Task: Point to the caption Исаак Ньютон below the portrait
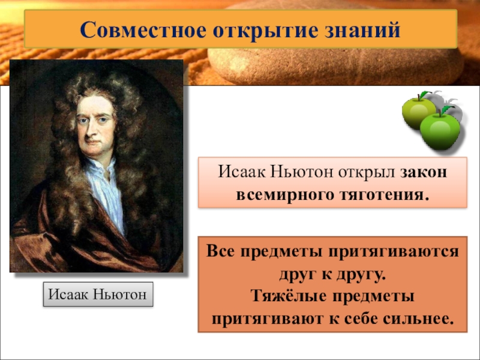coord(98,295)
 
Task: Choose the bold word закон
coord(424,173)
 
